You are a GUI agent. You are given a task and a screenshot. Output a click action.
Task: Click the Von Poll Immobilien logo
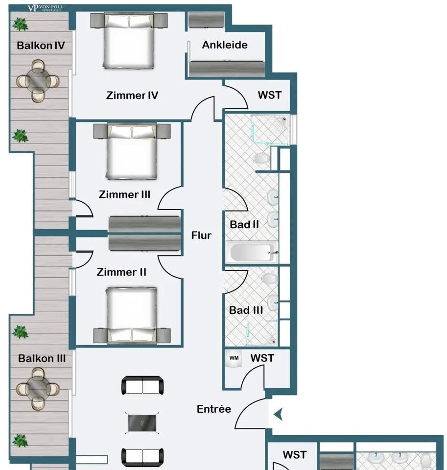45,8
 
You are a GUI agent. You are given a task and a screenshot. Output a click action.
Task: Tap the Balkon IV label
41,46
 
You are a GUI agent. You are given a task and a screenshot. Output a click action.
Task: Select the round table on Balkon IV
38,81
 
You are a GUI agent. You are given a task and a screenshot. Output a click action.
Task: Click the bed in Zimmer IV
129,41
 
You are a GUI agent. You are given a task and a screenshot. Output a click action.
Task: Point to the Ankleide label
225,45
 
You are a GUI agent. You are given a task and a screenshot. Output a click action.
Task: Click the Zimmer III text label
124,194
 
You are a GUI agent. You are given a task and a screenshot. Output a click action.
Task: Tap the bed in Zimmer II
132,315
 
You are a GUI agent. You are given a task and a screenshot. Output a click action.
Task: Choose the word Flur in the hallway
201,235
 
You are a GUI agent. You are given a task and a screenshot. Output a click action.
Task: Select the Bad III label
246,310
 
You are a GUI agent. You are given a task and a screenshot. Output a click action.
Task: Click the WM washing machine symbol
234,358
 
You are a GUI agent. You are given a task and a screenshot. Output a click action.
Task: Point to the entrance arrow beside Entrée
278,415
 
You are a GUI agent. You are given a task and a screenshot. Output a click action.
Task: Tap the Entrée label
214,409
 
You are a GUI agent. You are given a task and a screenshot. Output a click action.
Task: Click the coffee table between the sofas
142,423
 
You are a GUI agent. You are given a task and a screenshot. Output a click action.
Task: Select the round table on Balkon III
38,389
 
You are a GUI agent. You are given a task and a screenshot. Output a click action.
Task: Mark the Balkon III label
42,358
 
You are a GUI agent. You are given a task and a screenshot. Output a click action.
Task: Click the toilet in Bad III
269,279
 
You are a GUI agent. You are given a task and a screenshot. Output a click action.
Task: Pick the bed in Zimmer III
132,151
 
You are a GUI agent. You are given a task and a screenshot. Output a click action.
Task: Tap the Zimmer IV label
132,95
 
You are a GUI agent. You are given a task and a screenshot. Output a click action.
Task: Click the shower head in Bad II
283,119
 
